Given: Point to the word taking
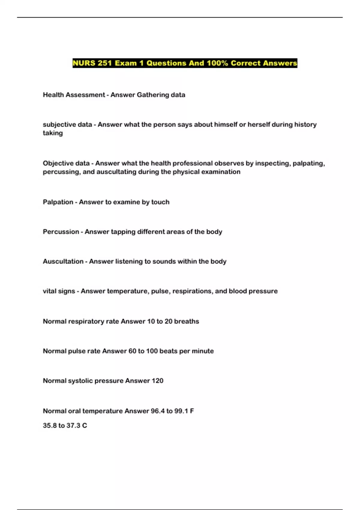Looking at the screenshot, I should click(x=53, y=133).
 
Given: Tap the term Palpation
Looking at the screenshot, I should click(x=58, y=202).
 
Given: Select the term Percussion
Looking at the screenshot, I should click(x=61, y=232).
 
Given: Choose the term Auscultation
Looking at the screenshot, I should click(x=63, y=262).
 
